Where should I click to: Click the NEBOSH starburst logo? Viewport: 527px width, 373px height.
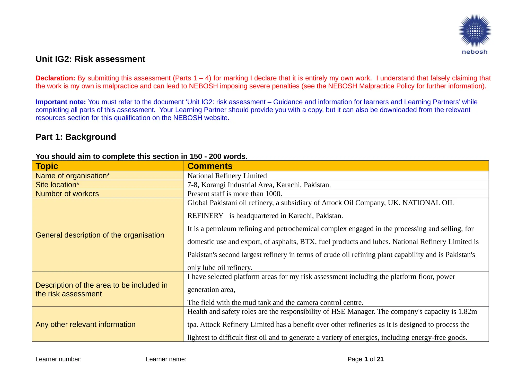(x=475, y=31)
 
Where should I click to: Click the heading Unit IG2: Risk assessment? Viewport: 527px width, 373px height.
(x=90, y=59)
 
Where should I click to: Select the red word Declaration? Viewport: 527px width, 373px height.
(x=55, y=78)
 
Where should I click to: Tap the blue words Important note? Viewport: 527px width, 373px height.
(x=60, y=102)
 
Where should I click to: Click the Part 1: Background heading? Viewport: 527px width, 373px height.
(x=76, y=137)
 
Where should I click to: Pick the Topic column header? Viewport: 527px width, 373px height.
(x=47, y=166)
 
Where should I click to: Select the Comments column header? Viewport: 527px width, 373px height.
(x=210, y=166)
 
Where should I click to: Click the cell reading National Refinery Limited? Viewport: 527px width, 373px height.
(x=227, y=176)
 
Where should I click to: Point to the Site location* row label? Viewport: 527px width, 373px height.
(x=57, y=185)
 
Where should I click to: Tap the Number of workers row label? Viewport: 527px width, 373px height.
(x=67, y=194)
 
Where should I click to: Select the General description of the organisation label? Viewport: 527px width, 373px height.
(x=100, y=235)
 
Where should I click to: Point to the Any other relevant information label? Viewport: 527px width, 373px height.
(x=85, y=324)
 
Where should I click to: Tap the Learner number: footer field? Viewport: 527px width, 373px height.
(x=59, y=359)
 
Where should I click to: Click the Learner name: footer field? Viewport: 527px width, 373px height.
(x=166, y=359)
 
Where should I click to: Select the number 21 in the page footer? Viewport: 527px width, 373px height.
(x=380, y=359)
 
